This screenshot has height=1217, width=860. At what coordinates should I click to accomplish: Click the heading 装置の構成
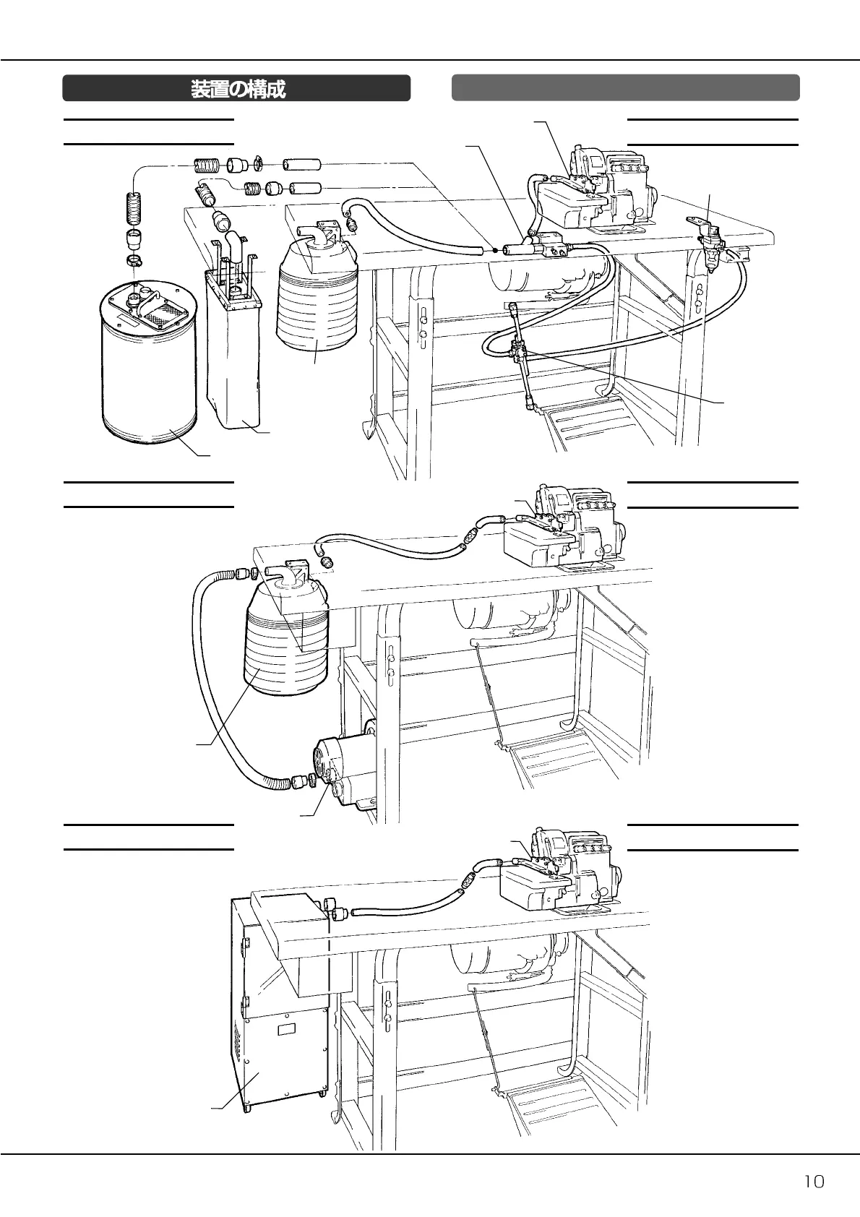pos(237,89)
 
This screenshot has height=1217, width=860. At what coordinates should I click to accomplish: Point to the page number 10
pos(814,1182)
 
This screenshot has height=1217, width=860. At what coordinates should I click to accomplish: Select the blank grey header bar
pos(625,87)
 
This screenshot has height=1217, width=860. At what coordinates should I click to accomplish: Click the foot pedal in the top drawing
pos(585,430)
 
